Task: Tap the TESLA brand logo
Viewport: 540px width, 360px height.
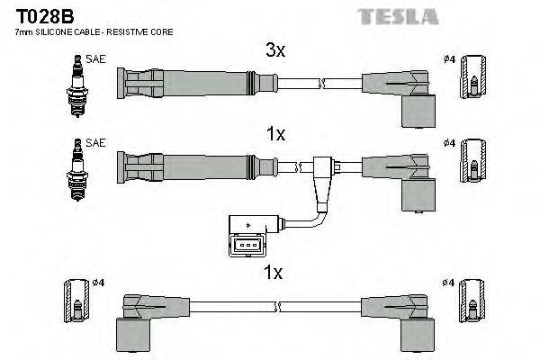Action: pos(398,15)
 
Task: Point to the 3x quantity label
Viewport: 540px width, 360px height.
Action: pos(274,51)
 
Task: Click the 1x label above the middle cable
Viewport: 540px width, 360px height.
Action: pos(274,134)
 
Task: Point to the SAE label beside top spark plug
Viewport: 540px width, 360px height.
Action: pos(96,60)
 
